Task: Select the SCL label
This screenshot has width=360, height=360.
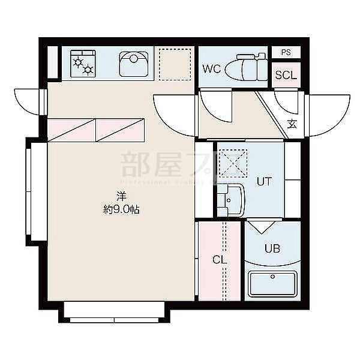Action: (x=286, y=76)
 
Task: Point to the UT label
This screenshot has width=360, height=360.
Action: (x=264, y=182)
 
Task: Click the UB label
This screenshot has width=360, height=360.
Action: (x=272, y=248)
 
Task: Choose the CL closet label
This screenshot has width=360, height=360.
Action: (x=219, y=260)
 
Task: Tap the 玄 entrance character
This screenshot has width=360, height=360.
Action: (x=292, y=125)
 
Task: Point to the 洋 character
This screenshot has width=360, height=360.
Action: (x=121, y=196)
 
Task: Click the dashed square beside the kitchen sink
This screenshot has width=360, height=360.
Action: (x=173, y=64)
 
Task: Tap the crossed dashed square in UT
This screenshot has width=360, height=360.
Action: (x=229, y=163)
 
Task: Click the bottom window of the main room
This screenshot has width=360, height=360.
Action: (x=114, y=311)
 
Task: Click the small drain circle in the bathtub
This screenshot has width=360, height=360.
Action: (x=272, y=277)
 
